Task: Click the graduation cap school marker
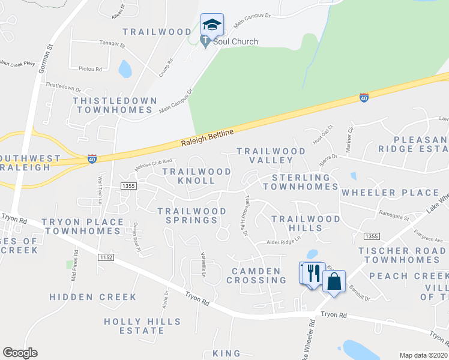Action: pos(211,25)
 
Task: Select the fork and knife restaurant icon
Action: pos(312,274)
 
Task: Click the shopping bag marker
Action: pos(334,281)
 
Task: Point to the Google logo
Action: pos(20,353)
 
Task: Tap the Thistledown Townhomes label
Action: pos(114,105)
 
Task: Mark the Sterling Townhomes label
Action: pos(305,182)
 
